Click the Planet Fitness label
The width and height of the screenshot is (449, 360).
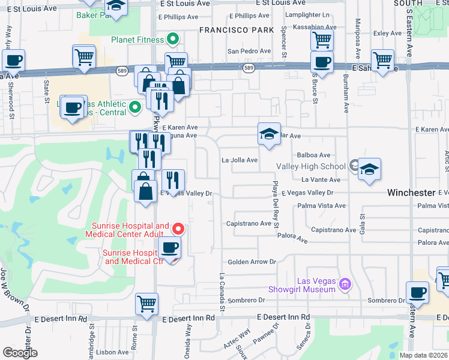(137, 40)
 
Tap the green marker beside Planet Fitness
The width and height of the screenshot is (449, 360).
(173, 40)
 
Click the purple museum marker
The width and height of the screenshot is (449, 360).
(345, 283)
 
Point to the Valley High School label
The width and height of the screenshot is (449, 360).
(311, 166)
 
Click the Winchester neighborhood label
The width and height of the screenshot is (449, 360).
(411, 193)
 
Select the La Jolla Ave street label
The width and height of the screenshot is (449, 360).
(240, 160)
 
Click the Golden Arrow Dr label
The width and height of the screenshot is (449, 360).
(252, 262)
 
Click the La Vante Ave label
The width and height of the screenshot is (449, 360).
(321, 179)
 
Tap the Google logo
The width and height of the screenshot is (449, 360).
(20, 353)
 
